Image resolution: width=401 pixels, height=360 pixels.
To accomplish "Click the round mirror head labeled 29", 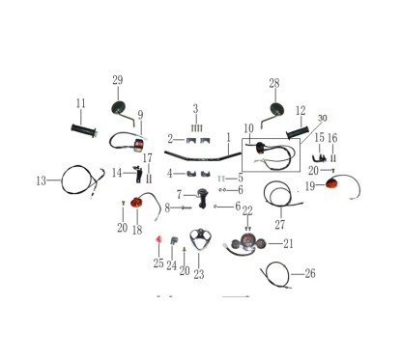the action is pyautogui.click(x=118, y=107).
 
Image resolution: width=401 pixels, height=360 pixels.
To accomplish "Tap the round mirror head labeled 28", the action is pyautogui.click(x=277, y=109).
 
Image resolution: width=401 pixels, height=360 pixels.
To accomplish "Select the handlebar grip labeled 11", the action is pyautogui.click(x=84, y=130).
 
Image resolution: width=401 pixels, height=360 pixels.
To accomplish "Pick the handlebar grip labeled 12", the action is pyautogui.click(x=298, y=132).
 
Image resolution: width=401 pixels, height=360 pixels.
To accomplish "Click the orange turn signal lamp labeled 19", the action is pyautogui.click(x=331, y=184).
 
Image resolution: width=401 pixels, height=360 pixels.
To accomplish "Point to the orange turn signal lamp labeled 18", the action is pyautogui.click(x=136, y=203).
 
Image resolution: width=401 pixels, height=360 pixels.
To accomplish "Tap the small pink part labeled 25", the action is pyautogui.click(x=158, y=239).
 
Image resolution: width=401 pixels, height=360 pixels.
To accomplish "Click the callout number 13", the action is pyautogui.click(x=42, y=180).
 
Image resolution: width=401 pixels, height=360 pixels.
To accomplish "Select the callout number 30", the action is pyautogui.click(x=323, y=118).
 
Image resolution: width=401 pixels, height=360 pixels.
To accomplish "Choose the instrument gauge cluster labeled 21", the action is pyautogui.click(x=248, y=244).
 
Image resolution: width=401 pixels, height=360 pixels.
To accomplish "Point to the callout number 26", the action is pyautogui.click(x=310, y=273).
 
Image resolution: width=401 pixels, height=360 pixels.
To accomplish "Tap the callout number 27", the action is pyautogui.click(x=280, y=224).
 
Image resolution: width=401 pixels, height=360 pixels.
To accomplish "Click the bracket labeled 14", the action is pyautogui.click(x=138, y=174).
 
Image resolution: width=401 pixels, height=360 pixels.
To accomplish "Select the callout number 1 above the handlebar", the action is pyautogui.click(x=229, y=138).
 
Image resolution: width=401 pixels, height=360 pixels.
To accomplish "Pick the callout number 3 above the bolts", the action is pyautogui.click(x=196, y=109).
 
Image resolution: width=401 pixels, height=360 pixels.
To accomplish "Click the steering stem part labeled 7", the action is pyautogui.click(x=202, y=198).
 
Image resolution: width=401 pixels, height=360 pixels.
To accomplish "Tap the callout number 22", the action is pyautogui.click(x=247, y=211).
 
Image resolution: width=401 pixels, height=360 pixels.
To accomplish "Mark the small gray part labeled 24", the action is pyautogui.click(x=174, y=240).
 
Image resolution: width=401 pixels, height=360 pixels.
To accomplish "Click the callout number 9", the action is pyautogui.click(x=140, y=115).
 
